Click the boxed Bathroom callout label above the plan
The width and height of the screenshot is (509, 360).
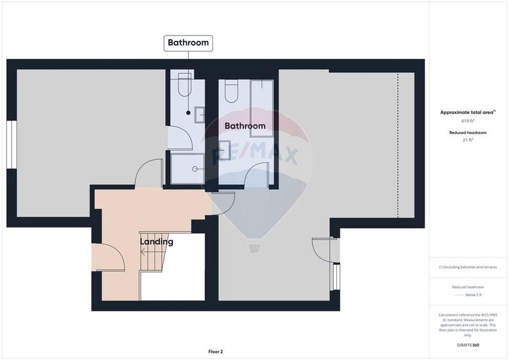pyautogui.click(x=188, y=43)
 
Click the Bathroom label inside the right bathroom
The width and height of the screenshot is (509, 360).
pyautogui.click(x=244, y=126)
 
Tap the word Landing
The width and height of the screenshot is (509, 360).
pyautogui.click(x=157, y=242)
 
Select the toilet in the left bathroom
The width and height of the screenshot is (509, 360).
pyautogui.click(x=184, y=86)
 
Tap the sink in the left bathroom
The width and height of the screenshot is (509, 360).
pyautogui.click(x=200, y=114)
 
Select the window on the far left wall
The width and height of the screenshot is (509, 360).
pyautogui.click(x=11, y=145)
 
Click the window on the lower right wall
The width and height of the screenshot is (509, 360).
pyautogui.click(x=335, y=278)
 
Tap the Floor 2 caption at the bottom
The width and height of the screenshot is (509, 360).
pyautogui.click(x=215, y=351)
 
